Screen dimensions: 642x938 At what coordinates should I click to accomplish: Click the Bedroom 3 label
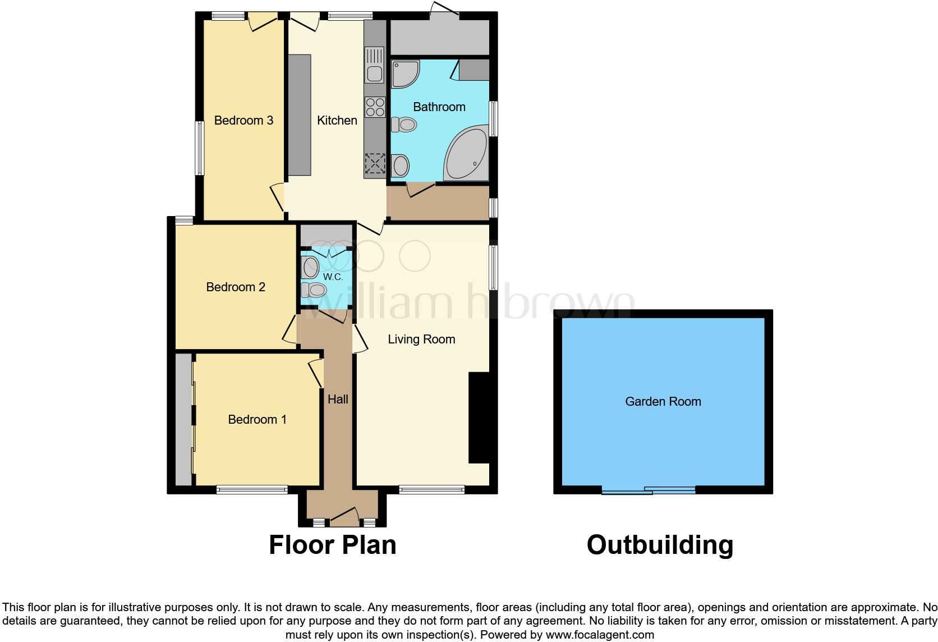243,120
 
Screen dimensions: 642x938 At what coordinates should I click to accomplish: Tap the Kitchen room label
337,120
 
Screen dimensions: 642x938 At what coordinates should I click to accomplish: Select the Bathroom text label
439,107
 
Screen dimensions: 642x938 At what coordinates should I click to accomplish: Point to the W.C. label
333,277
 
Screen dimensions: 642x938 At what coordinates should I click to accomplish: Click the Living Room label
421,339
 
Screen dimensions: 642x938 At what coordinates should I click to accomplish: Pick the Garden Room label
663,401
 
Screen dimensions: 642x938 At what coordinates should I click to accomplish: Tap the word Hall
338,399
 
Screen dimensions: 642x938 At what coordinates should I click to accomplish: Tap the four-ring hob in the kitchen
375,107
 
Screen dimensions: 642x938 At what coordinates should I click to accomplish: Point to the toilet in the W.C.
312,290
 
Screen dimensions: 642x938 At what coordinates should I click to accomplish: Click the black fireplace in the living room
479,418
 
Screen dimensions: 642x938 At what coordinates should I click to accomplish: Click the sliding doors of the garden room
649,490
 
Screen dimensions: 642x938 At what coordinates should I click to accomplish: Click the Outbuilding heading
660,545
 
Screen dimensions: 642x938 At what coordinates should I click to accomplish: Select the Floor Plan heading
332,545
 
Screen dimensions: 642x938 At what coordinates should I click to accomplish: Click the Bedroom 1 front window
252,490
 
